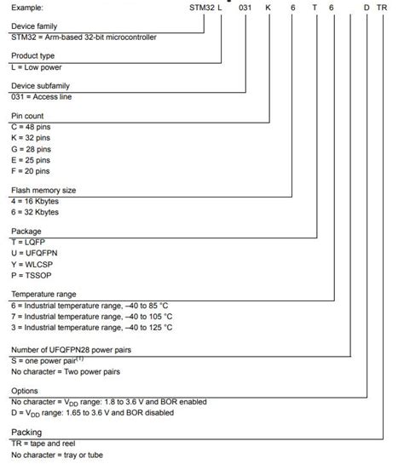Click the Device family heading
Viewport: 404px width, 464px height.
pyautogui.click(x=36, y=27)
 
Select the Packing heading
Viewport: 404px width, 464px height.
pyautogui.click(x=26, y=432)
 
